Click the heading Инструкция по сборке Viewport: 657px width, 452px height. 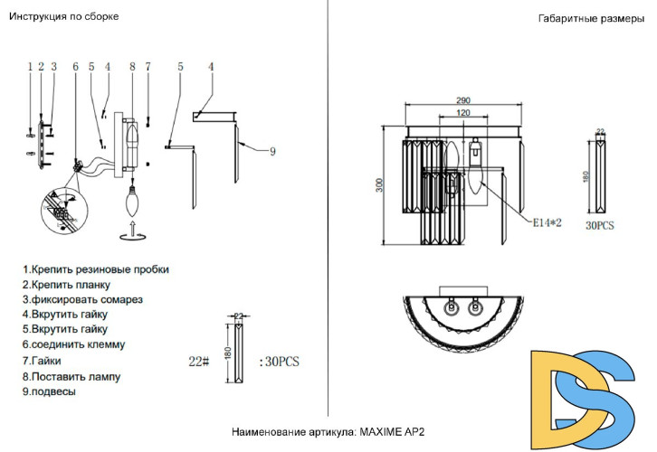pos(64,16)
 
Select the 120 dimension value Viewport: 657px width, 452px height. pos(462,114)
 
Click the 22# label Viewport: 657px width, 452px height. pos(198,361)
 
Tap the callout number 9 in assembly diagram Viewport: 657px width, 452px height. pos(271,152)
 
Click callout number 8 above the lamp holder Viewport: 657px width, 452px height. pos(132,66)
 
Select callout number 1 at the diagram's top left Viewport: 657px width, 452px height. pos(30,66)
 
